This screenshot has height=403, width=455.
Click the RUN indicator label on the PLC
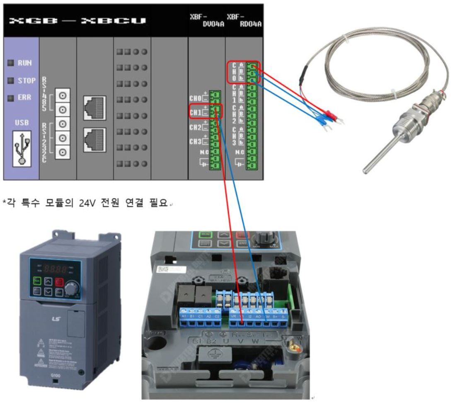pyautogui.click(x=24, y=63)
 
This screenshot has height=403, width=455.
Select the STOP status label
pyautogui.click(x=26, y=81)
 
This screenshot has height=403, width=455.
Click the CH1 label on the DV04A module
pyautogui.click(x=195, y=112)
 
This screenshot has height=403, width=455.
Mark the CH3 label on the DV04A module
pyautogui.click(x=195, y=142)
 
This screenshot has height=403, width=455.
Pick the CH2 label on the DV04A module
pyautogui.click(x=195, y=127)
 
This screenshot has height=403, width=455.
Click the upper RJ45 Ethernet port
pyautogui.click(x=94, y=107)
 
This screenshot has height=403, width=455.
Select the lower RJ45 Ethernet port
pyautogui.click(x=94, y=139)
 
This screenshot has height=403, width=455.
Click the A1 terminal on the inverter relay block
pyautogui.click(x=184, y=317)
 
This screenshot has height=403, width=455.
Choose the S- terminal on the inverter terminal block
pyautogui.click(x=284, y=317)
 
